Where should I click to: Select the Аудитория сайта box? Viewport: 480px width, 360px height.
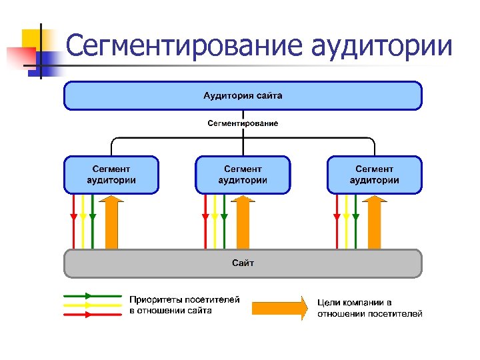[243, 95]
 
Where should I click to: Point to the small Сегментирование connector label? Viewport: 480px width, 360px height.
[243, 123]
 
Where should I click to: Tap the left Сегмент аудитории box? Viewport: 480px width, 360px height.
[111, 175]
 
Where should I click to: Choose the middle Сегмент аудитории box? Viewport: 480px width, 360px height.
[243, 175]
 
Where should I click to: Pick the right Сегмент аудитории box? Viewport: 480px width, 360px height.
[374, 175]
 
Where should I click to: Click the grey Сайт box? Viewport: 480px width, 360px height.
[243, 263]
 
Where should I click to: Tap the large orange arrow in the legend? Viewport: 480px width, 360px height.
[279, 307]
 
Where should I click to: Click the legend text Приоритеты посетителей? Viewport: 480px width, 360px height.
[185, 300]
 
